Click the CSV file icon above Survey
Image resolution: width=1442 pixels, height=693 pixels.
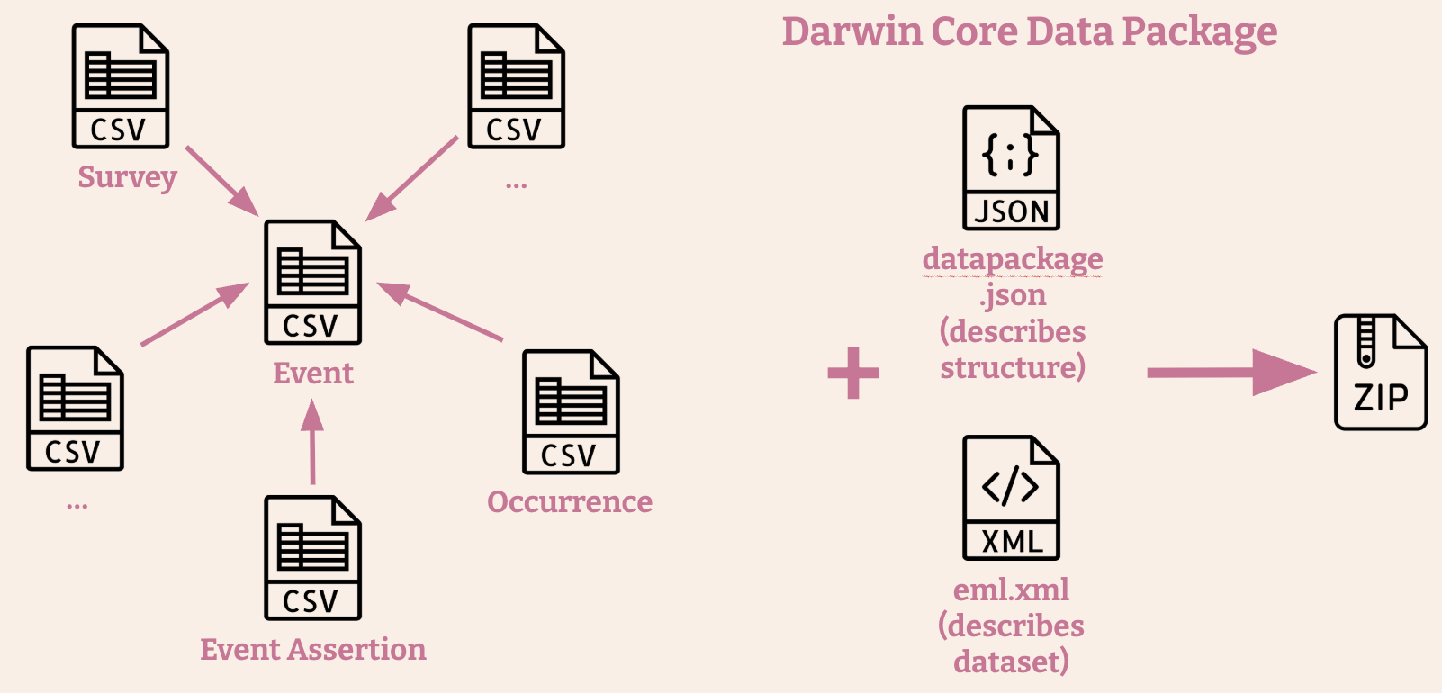tap(121, 86)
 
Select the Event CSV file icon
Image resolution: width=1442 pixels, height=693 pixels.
tap(312, 282)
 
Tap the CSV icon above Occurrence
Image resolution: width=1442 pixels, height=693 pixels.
tap(571, 411)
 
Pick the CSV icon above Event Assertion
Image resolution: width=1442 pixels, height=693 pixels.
tap(312, 557)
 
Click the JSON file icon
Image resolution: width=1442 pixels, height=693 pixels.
tap(1011, 168)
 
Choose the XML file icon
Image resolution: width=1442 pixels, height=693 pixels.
tap(1011, 498)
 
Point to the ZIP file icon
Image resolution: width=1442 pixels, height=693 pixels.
tap(1380, 372)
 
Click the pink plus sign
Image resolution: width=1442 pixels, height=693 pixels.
tap(853, 373)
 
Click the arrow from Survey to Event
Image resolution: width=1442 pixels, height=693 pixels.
tap(221, 180)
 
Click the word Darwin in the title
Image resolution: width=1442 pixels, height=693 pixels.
tap(852, 31)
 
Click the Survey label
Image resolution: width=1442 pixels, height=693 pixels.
tap(127, 177)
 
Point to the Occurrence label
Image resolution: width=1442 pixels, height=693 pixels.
tap(570, 502)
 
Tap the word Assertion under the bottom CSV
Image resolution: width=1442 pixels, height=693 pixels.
tap(366, 650)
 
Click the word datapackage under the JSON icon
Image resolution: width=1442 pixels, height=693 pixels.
tap(1013, 259)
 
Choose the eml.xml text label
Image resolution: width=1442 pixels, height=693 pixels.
tap(1011, 589)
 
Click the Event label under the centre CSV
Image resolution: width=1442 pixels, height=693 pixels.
tap(312, 373)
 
